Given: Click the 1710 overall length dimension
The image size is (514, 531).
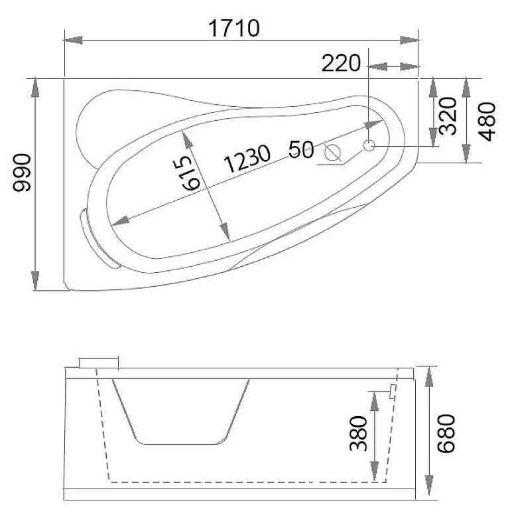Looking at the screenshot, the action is (234, 29).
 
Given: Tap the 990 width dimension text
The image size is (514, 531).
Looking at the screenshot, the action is (22, 173).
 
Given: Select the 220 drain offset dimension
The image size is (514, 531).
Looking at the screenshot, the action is (341, 63).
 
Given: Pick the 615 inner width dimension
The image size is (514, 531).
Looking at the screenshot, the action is (190, 173).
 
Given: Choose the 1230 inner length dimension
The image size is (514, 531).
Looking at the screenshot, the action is (247, 159).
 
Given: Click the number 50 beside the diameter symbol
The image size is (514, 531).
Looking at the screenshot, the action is (301, 149).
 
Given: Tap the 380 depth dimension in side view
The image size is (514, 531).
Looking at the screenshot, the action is (358, 434).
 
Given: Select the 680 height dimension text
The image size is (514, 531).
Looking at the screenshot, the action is (446, 433).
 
